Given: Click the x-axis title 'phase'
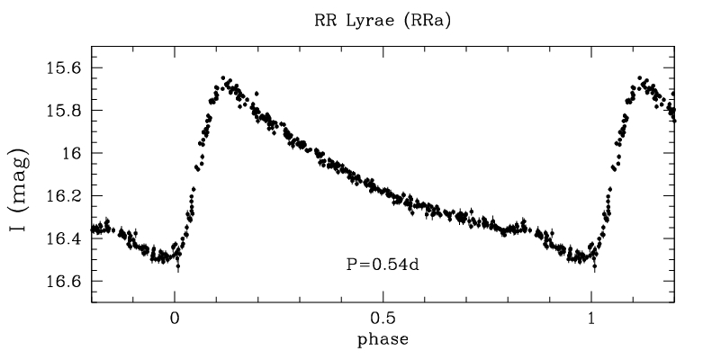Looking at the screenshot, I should pyautogui.click(x=383, y=341).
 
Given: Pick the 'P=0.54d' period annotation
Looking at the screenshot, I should pyautogui.click(x=383, y=264).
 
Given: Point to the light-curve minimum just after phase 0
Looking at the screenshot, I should pyautogui.click(x=177, y=260).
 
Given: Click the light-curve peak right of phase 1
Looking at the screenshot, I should pyautogui.click(x=641, y=80).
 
